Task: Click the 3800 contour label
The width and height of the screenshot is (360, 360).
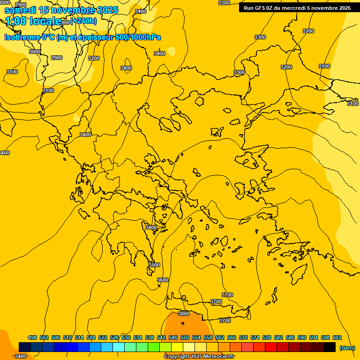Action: click(184, 314)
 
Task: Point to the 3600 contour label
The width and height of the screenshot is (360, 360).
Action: click(163, 280)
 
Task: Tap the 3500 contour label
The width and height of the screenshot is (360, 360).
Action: click(154, 265)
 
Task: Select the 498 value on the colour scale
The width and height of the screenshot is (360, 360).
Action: click(32, 337)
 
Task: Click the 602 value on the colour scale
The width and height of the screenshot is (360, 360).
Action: click(337, 337)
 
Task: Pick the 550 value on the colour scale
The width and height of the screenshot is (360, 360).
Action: click(185, 337)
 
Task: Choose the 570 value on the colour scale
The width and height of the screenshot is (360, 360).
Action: click(243, 337)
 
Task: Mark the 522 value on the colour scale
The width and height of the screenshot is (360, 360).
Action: click(103, 337)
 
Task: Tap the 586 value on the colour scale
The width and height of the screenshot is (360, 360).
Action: click(290, 337)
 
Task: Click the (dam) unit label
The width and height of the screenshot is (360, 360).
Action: click(347, 348)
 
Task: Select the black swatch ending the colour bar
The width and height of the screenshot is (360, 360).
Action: click(330, 347)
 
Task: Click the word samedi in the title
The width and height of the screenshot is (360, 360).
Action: click(21, 10)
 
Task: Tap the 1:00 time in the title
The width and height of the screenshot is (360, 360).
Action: click(15, 21)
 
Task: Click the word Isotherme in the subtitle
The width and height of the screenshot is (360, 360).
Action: click(22, 37)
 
